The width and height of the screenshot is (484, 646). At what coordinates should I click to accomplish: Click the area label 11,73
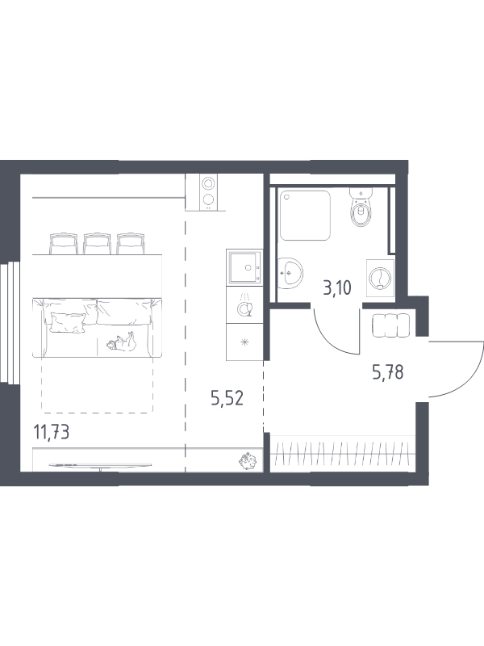click(x=51, y=433)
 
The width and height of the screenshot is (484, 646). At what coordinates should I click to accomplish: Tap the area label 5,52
click(x=227, y=398)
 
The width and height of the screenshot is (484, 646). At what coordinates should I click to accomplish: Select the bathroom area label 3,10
click(x=337, y=288)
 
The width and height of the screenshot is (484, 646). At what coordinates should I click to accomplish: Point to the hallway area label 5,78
click(x=387, y=373)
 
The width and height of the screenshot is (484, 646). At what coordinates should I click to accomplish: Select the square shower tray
click(x=305, y=215)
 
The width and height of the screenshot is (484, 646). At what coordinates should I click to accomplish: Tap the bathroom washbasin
click(x=290, y=273)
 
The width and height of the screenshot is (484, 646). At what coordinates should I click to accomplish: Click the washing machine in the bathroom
click(x=380, y=278)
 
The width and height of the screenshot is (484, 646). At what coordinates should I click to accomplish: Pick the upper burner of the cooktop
click(x=209, y=182)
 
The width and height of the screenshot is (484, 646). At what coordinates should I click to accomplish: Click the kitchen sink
click(x=244, y=267)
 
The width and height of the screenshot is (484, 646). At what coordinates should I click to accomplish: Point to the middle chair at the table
click(x=97, y=244)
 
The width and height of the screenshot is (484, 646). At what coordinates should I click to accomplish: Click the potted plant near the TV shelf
click(x=248, y=462)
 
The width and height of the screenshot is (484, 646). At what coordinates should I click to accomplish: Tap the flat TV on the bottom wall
click(x=100, y=465)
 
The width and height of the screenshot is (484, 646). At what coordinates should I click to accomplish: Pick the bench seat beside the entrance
click(x=390, y=325)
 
